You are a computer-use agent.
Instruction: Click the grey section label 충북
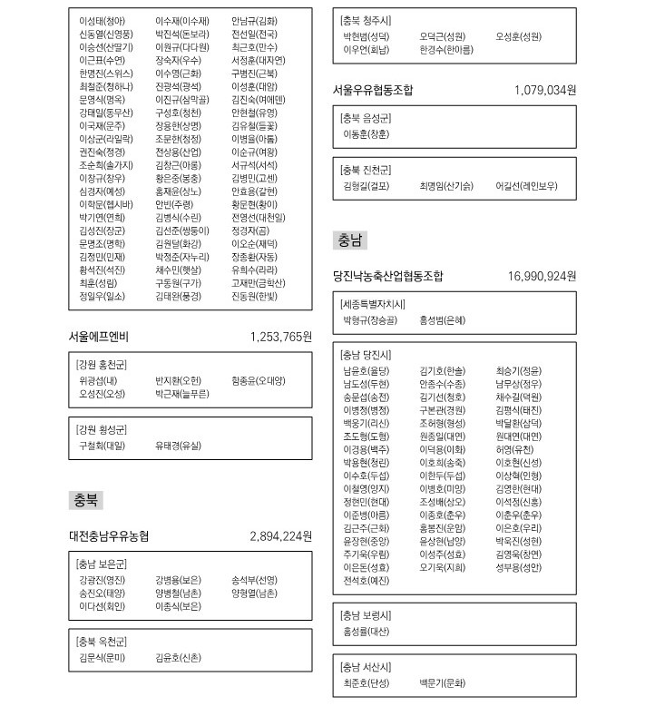(87, 501)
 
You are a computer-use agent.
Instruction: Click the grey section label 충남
(350, 240)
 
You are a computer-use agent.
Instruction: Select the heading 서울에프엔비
(99, 337)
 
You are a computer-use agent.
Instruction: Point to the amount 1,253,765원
(280, 337)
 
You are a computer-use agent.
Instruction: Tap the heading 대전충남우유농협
(109, 535)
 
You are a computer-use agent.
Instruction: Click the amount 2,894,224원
(280, 535)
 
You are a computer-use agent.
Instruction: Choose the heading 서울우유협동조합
(374, 90)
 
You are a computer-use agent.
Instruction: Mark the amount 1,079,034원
(544, 90)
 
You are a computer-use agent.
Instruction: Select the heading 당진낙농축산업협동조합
(389, 276)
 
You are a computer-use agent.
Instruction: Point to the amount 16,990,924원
(542, 276)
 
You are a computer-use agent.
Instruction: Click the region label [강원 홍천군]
(102, 364)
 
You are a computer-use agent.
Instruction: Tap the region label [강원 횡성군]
(102, 429)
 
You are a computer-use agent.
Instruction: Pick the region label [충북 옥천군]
(102, 641)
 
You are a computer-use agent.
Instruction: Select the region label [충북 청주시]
(366, 20)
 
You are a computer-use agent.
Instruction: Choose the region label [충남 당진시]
(366, 354)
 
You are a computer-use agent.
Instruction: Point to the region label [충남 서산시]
(366, 667)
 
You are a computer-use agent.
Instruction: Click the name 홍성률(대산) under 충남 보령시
(366, 631)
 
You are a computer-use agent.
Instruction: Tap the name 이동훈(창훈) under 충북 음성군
(366, 134)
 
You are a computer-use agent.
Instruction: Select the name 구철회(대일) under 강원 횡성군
(102, 446)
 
